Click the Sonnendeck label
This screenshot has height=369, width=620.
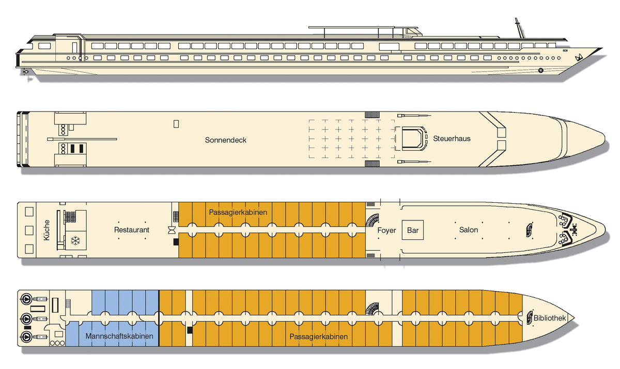click(x=225, y=140)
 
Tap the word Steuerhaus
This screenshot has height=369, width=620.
click(x=452, y=138)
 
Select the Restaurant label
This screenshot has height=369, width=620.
click(x=132, y=230)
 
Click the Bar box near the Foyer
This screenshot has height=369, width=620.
click(x=413, y=230)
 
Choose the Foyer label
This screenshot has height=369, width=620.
click(x=386, y=230)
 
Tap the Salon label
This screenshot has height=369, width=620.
click(x=469, y=230)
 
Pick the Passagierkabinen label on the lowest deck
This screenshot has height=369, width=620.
click(x=318, y=336)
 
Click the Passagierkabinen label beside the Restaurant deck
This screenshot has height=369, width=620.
click(x=238, y=212)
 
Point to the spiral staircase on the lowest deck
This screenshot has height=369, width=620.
click(x=372, y=309)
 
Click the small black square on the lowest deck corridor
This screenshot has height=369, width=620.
click(x=190, y=329)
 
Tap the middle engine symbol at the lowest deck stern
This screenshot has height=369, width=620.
click(x=25, y=317)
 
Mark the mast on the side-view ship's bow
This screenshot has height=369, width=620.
click(x=517, y=27)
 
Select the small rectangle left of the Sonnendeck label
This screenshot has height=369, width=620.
click(x=176, y=124)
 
